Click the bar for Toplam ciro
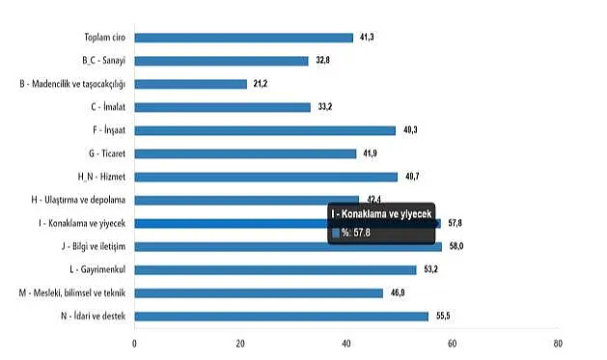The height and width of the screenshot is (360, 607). [244, 38]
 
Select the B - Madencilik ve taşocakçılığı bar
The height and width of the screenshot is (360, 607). [191, 84]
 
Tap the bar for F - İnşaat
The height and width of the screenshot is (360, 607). [265, 130]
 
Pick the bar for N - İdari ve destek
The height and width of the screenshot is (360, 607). [282, 317]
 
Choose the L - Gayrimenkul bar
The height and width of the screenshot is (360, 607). [276, 270]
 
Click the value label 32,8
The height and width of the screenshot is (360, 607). [323, 60]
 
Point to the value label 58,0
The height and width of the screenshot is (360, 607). [456, 246]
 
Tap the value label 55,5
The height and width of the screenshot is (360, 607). [443, 316]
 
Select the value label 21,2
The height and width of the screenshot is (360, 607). [261, 83]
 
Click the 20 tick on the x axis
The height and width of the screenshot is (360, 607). [240, 344]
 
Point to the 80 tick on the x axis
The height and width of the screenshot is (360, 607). [558, 344]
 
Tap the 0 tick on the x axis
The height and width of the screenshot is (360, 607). [134, 344]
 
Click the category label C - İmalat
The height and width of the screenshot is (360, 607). [108, 107]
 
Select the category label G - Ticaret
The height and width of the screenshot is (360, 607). [107, 153]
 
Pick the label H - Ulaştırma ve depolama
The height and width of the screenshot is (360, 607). [78, 200]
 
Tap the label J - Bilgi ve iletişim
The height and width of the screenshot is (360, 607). [94, 246]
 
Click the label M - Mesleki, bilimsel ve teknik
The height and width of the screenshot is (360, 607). [72, 293]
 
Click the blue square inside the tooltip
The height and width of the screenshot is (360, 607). [336, 233]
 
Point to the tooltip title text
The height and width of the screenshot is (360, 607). [381, 214]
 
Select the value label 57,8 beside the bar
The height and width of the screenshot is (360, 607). [455, 223]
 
